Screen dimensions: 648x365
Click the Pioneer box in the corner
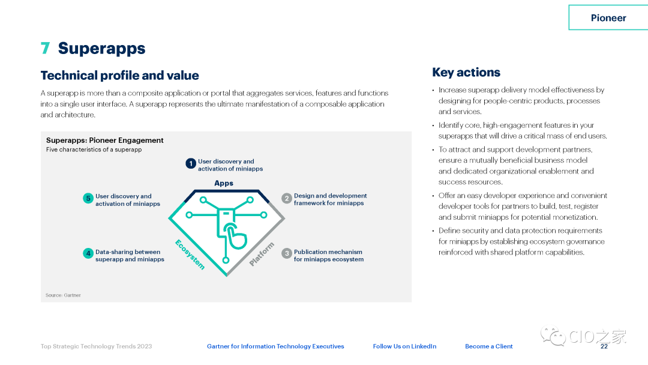point(608,18)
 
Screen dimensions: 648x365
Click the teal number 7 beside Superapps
point(46,48)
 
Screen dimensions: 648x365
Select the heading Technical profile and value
point(120,75)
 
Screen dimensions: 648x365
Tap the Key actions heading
point(466,72)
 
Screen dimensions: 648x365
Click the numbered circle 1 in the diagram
point(191,164)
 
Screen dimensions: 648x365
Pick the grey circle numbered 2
point(287,199)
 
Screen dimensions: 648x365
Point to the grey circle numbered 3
point(287,253)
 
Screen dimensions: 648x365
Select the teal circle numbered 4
point(88,253)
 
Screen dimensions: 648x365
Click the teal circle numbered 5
point(88,199)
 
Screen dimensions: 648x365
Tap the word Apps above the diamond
point(224,183)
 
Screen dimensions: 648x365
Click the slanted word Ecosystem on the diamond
point(190,254)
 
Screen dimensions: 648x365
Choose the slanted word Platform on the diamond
point(262,254)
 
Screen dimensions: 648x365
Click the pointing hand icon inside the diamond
point(235,236)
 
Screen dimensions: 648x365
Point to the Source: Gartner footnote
point(63,295)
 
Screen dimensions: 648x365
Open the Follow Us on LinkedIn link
point(404,346)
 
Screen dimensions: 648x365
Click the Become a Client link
point(489,346)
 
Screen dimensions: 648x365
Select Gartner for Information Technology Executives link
point(275,346)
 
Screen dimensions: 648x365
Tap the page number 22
point(604,346)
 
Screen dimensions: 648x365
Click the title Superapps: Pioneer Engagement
point(105,140)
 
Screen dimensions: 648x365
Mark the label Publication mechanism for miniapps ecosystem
point(329,256)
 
